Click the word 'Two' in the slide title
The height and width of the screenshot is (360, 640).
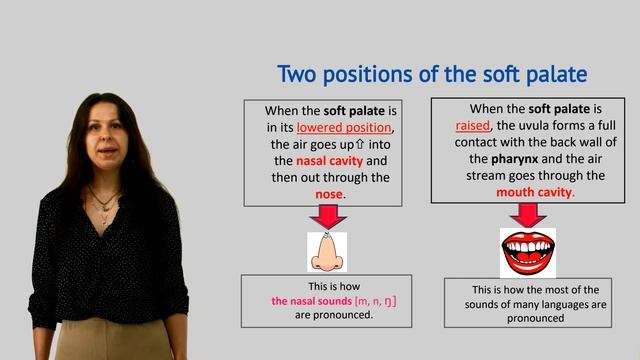[297, 74]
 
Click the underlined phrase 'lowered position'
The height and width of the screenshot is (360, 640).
[344, 128]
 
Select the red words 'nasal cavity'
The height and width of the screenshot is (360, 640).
[329, 161]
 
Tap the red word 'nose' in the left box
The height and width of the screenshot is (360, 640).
[329, 194]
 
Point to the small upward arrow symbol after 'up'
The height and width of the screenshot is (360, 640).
[360, 144]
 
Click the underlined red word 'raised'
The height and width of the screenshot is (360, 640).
[473, 125]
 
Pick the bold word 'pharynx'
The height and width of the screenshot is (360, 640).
[515, 159]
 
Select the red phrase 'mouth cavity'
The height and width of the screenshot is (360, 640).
[534, 192]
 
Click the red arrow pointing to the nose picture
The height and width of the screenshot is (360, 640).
[328, 217]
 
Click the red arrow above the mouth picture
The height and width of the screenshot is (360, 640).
[528, 215]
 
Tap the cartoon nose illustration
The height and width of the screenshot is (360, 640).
[327, 252]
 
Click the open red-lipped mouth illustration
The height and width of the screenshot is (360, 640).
[528, 253]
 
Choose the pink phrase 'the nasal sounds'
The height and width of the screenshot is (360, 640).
[311, 301]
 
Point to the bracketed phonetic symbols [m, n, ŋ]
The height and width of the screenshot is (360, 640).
[376, 301]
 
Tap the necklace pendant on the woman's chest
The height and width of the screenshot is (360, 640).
[105, 208]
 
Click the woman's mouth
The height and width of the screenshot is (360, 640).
[108, 151]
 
